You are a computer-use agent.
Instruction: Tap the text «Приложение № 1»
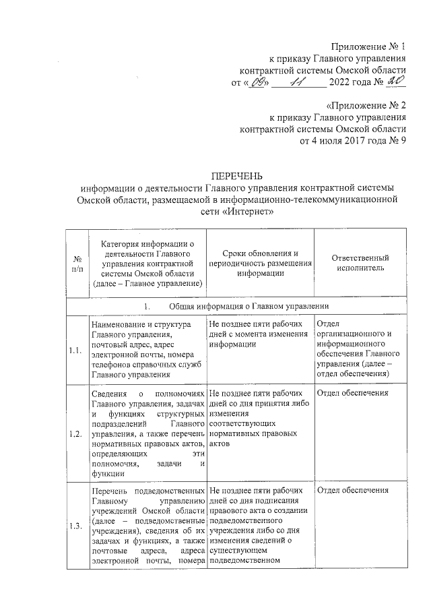[x=368, y=47]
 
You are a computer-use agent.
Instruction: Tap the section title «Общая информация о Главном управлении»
[x=248, y=305]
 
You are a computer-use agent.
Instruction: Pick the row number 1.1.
[x=75, y=350]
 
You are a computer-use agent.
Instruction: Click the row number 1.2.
[x=75, y=433]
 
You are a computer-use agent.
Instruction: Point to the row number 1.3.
[x=75, y=527]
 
